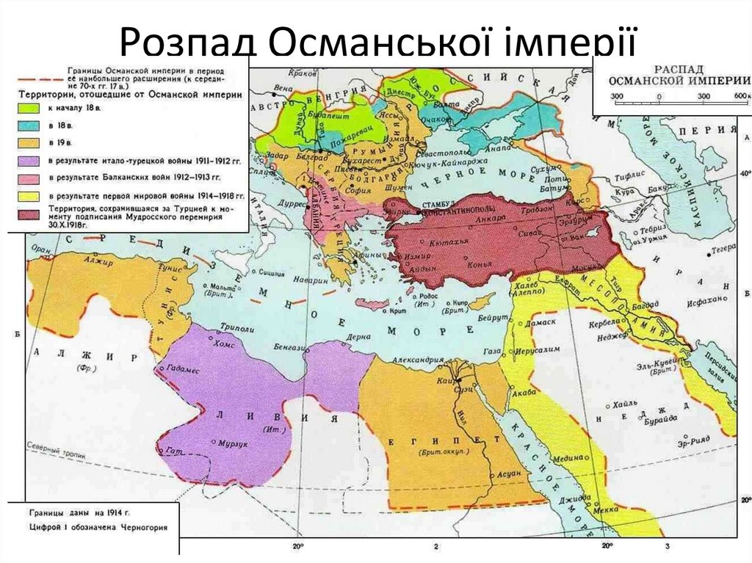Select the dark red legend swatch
[x=29, y=215]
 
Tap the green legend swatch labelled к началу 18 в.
[x=29, y=106]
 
